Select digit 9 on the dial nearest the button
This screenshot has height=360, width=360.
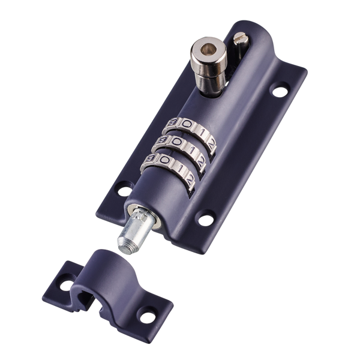click(173, 123)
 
